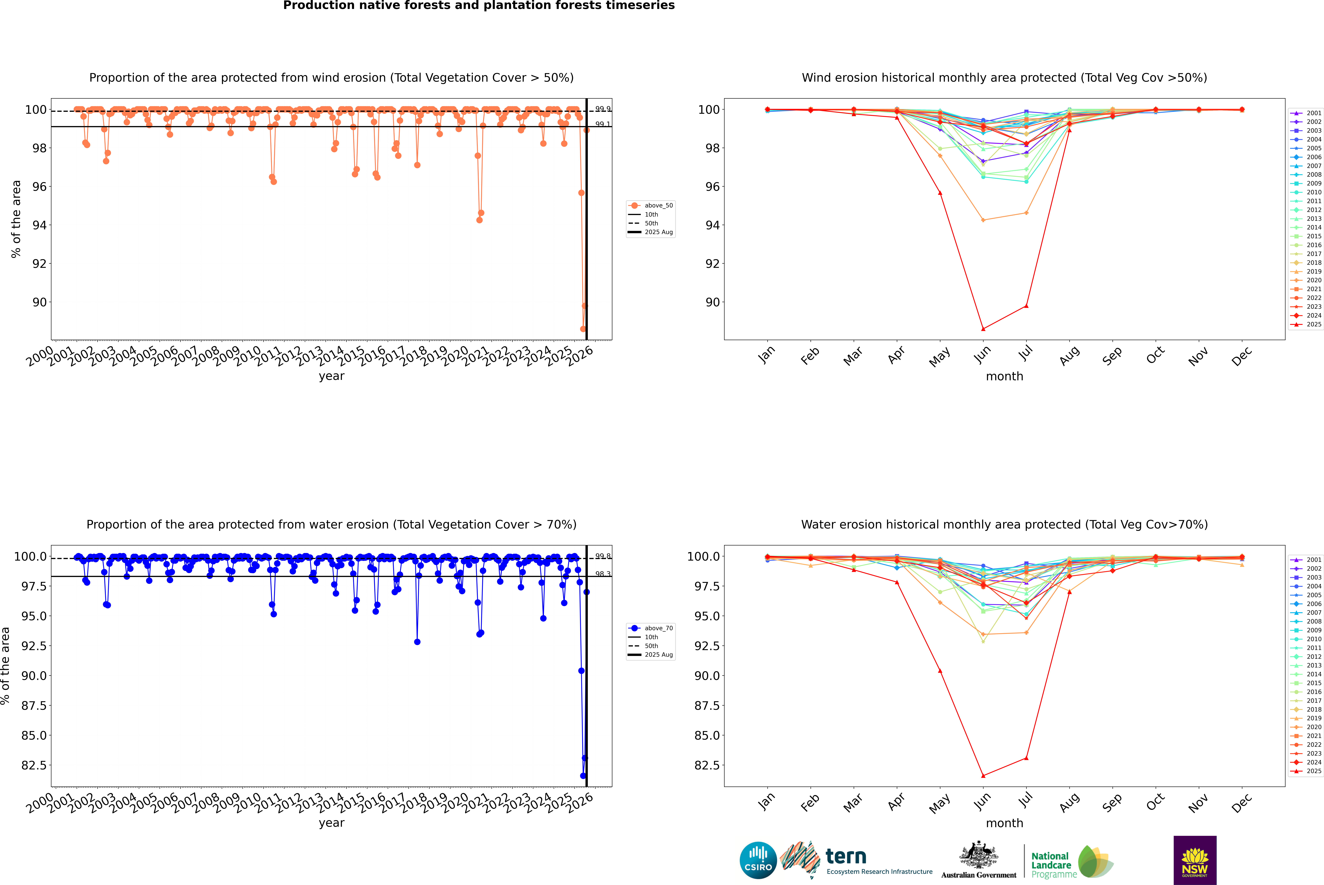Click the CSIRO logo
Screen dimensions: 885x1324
[x=758, y=860]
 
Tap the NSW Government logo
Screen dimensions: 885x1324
[x=1195, y=860]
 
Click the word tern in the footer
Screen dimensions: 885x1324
[x=845, y=857]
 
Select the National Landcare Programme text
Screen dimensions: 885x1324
[x=1051, y=865]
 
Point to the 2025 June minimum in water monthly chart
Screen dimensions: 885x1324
[x=983, y=775]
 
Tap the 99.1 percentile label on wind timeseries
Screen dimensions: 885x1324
[x=603, y=124]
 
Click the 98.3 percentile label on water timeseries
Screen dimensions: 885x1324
[x=603, y=574]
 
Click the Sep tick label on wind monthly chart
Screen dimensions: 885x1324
[x=1112, y=357]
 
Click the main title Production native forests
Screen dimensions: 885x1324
[x=479, y=6]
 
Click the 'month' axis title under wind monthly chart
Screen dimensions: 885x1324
[x=1004, y=377]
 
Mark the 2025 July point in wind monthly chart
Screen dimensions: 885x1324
[x=1026, y=306]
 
